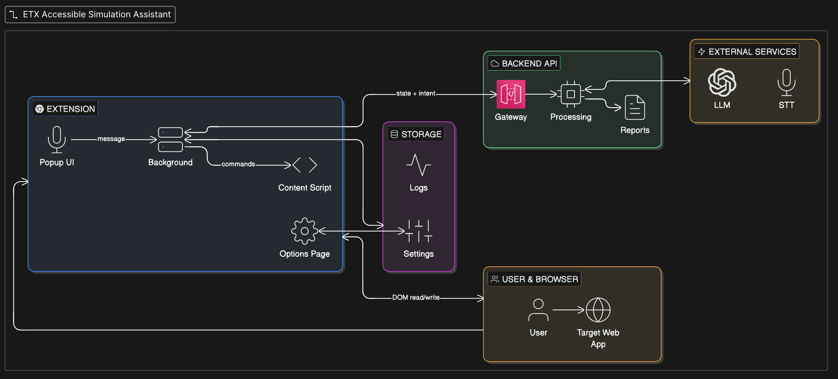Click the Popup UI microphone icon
click(x=57, y=139)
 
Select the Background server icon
click(x=170, y=139)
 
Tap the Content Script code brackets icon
click(x=305, y=165)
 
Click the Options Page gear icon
click(x=304, y=231)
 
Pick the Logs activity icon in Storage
click(x=418, y=165)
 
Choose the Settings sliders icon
click(x=418, y=231)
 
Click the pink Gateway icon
click(x=511, y=94)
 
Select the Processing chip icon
click(x=571, y=94)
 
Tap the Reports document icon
click(x=635, y=107)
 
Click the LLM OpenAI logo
click(x=722, y=82)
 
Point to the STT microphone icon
click(x=786, y=82)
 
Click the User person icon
click(x=538, y=310)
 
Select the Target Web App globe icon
click(x=598, y=310)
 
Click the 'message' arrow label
click(x=111, y=139)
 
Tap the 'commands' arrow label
click(x=238, y=164)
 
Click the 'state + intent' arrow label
click(x=415, y=93)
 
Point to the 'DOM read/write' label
click(x=415, y=297)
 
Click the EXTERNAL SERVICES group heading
click(x=752, y=52)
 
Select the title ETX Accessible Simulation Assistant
click(x=96, y=15)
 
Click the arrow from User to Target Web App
click(x=568, y=310)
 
